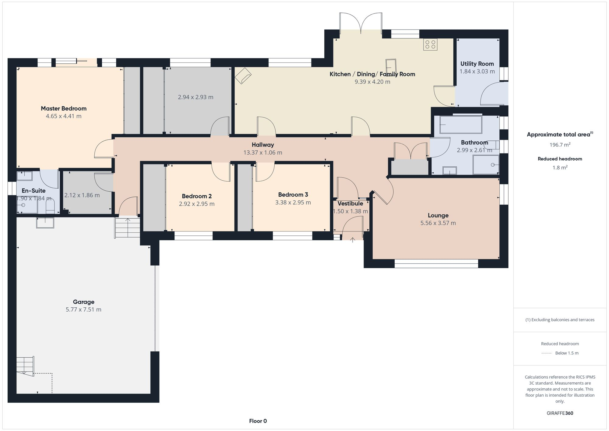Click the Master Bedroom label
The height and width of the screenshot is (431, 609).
point(64,108)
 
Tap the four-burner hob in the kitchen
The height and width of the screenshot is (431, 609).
point(430,44)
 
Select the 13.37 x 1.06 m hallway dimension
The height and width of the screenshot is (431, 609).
point(262,153)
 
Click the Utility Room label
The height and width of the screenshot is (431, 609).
point(477,64)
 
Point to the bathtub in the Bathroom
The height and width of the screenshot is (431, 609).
point(460,125)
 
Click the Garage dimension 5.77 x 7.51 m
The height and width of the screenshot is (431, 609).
point(83,309)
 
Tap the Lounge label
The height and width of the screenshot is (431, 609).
point(438,215)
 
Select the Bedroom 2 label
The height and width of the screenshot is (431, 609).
point(197,196)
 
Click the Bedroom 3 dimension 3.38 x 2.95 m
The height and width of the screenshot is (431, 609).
point(293,203)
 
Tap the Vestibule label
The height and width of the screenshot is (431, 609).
point(350,203)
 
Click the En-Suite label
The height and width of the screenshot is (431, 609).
point(33,191)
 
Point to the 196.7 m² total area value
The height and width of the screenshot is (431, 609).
point(560,145)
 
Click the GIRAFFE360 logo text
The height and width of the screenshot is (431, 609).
point(560,413)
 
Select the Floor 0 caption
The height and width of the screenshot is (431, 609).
point(258,421)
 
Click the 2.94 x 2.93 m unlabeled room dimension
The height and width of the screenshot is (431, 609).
point(195,97)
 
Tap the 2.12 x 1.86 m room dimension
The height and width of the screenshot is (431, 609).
point(82,195)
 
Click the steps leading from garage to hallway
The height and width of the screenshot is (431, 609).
point(127,228)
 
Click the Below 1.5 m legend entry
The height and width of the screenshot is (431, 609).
point(566,353)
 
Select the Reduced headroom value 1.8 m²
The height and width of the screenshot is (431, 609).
point(560,168)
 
